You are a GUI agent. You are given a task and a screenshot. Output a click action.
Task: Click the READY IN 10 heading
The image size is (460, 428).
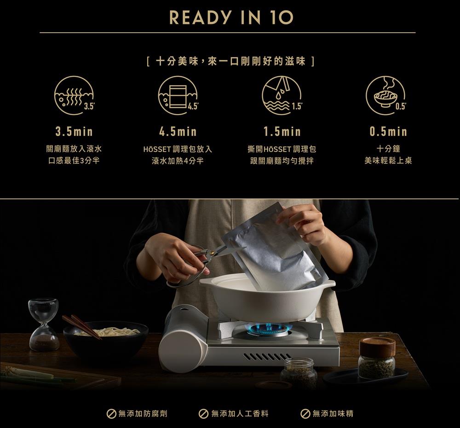(x=231, y=17)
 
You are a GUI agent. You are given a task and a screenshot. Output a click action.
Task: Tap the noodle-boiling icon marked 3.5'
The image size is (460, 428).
(x=74, y=95)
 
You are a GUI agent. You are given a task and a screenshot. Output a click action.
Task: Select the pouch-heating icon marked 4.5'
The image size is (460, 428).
(x=178, y=95)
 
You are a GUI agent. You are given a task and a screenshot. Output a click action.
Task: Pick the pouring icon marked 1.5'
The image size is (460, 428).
(x=282, y=95)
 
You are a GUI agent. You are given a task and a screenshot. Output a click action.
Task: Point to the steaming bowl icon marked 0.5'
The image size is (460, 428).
(x=386, y=95)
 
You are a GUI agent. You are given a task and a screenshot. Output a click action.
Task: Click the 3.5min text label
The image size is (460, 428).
(x=74, y=132)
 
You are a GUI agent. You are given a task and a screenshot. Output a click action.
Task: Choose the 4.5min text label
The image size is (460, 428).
(x=178, y=132)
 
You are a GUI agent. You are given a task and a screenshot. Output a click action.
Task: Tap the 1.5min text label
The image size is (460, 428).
(x=282, y=132)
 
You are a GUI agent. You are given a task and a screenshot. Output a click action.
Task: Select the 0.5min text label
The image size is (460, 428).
(x=388, y=132)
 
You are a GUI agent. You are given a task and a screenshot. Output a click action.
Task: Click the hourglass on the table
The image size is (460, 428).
(x=44, y=324)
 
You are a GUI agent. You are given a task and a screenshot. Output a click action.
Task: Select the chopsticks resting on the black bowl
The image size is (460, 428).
(x=82, y=327)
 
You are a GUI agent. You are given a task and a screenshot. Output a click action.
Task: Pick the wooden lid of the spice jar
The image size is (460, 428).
(x=377, y=347)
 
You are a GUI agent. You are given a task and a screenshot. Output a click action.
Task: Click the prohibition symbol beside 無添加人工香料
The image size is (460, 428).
(x=203, y=414)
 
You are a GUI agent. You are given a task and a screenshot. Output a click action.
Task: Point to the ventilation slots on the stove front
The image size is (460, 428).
(x=267, y=356)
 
